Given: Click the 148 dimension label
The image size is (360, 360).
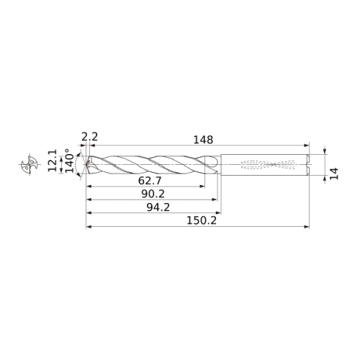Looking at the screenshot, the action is point(203,140).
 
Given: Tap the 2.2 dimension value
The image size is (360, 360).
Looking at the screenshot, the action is point(89,137).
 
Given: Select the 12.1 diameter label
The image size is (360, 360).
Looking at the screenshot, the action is point(53,161).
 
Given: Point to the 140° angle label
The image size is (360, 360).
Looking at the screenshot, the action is point(70,161).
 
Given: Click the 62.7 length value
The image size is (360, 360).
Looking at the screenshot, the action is point(150,181).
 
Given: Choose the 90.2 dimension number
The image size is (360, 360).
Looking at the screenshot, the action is point(153,194).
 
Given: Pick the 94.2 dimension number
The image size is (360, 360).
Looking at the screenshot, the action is point(158,207).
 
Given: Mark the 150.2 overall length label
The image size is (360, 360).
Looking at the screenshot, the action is point(202,220).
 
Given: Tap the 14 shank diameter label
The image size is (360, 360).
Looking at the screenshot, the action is point(334,174).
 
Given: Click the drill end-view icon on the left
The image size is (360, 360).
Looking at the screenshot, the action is point(30,164).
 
